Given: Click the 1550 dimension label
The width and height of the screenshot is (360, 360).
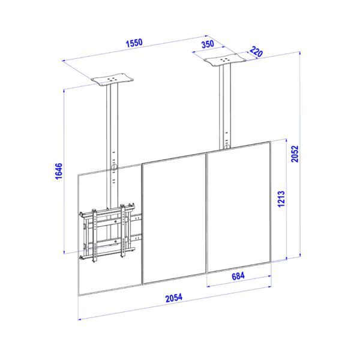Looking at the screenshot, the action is point(134,43).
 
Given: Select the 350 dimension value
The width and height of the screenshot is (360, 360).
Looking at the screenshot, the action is point(208,44).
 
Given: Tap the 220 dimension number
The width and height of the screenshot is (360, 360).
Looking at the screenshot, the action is point(256,52).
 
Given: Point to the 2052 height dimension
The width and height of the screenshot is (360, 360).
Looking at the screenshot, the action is point(295,154).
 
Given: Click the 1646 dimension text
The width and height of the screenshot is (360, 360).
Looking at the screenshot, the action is point(59,171).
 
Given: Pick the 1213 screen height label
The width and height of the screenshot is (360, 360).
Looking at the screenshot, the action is point(281,199).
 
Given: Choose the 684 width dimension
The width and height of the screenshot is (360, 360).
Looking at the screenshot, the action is point(238,276).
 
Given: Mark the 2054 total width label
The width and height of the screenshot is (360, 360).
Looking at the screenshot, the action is point(174,298).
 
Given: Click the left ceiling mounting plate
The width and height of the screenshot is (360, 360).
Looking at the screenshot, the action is point(112,80).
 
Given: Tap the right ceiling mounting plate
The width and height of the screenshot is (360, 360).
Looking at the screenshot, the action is point(225,60).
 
